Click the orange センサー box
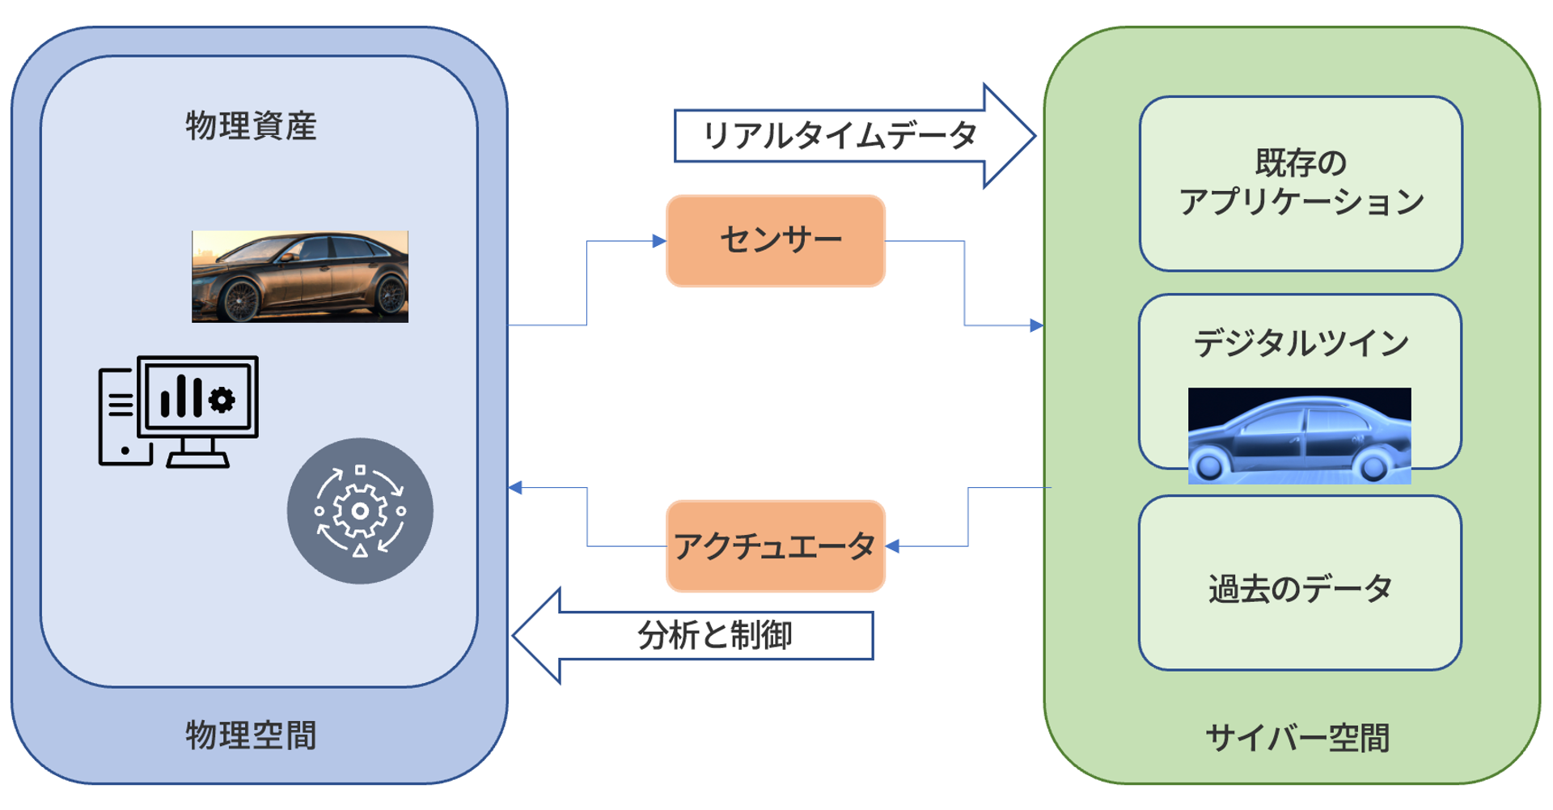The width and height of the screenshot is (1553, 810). (x=775, y=240)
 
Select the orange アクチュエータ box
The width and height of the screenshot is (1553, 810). (x=775, y=546)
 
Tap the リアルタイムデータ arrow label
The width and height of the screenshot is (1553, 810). (x=839, y=135)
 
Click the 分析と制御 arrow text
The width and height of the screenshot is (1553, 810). (x=715, y=635)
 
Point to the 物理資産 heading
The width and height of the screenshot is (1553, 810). (x=251, y=126)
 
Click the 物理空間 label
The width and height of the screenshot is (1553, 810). (x=251, y=736)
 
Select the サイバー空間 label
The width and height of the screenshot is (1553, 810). (x=1297, y=738)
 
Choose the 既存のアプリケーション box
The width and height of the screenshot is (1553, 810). (x=1300, y=184)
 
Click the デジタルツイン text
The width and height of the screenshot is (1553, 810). (x=1300, y=343)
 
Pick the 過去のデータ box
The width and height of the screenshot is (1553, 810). (x=1300, y=587)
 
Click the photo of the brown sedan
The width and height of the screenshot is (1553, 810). (x=299, y=276)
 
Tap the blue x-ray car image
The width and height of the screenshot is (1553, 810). (x=1299, y=435)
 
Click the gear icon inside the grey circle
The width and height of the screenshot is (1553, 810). (x=360, y=511)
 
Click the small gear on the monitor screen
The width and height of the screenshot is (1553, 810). (x=222, y=399)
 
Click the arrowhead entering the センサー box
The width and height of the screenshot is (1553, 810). (x=659, y=240)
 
